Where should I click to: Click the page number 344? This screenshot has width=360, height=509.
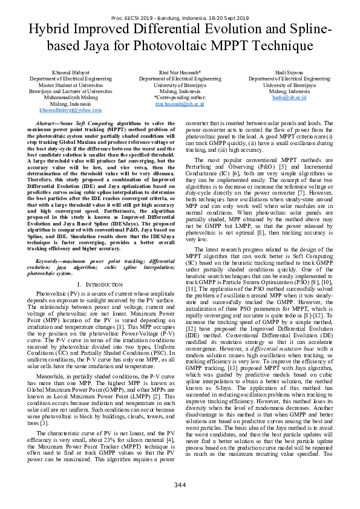coord(180,485)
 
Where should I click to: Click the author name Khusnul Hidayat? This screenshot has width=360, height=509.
coord(67,72)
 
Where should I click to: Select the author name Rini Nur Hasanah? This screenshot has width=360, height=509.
coord(180,72)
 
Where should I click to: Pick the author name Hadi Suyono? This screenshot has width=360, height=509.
coord(293,72)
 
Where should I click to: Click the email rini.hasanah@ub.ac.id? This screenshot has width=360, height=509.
coord(180,103)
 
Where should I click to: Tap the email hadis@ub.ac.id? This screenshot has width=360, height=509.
coord(293,97)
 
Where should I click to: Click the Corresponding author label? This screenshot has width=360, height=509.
coord(180,97)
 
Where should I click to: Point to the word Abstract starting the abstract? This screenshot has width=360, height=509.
coord(47,123)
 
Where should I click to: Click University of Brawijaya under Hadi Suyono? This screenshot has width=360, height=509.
coord(293,85)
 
